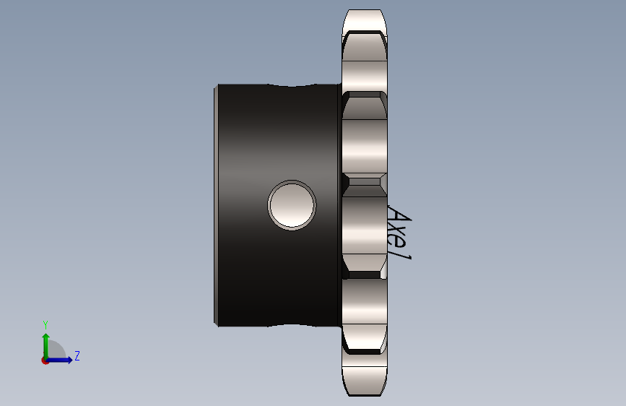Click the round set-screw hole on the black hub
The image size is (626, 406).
(292, 205)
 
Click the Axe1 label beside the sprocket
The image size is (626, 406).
(399, 233)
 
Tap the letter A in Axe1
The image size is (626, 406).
(399, 216)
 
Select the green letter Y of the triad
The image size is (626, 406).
(45, 324)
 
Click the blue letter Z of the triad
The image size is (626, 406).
(77, 355)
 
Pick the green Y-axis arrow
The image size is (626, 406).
(46, 346)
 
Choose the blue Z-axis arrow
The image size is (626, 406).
(59, 360)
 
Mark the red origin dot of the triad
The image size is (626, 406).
(45, 360)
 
